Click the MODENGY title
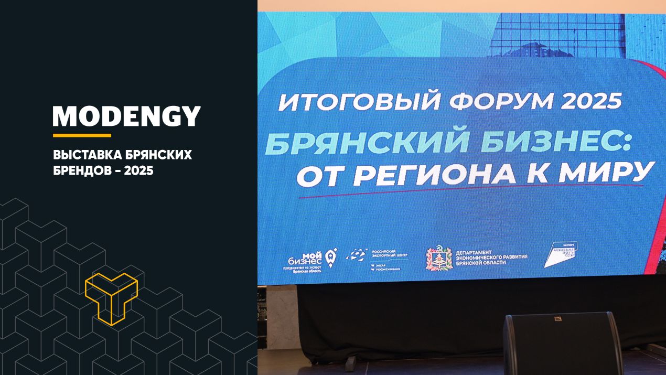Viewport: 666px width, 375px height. (126, 116)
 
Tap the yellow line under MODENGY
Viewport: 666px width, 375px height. (82, 135)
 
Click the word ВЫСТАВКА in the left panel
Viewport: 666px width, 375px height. (85, 155)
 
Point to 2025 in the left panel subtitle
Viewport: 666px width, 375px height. (138, 170)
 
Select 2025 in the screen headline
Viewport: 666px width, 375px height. (592, 99)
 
